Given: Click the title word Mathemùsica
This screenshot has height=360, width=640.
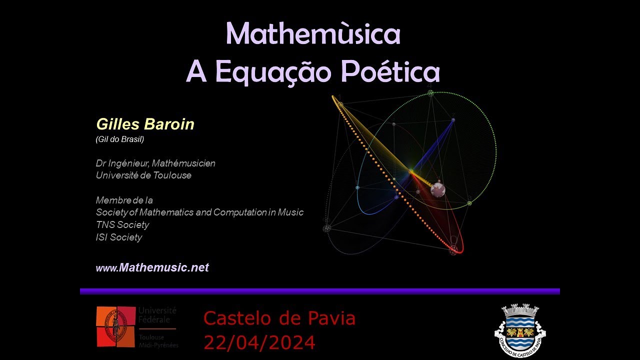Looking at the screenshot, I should pyautogui.click(x=313, y=34).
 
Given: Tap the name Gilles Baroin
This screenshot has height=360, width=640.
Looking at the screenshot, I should pyautogui.click(x=145, y=124).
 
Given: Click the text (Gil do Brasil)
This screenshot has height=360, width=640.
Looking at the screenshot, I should pyautogui.click(x=120, y=139).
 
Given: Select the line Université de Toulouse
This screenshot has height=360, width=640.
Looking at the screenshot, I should pyautogui.click(x=143, y=175).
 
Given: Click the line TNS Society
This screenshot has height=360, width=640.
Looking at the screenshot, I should pyautogui.click(x=122, y=225).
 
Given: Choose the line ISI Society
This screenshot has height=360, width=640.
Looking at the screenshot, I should pyautogui.click(x=119, y=237).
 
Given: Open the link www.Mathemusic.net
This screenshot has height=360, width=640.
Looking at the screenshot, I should pyautogui.click(x=152, y=268).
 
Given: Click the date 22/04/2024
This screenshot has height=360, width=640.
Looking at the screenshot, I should pyautogui.click(x=259, y=342).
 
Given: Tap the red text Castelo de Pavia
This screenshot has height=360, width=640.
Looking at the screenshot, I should pyautogui.click(x=279, y=318).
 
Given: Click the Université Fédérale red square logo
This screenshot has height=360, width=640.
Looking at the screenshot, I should pyautogui.click(x=115, y=326).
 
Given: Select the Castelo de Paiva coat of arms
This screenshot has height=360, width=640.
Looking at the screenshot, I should pyautogui.click(x=519, y=327).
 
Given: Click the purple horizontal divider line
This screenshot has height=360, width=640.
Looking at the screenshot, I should pyautogui.click(x=320, y=291).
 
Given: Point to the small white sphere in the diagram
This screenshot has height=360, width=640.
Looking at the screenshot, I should pyautogui.click(x=437, y=189).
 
